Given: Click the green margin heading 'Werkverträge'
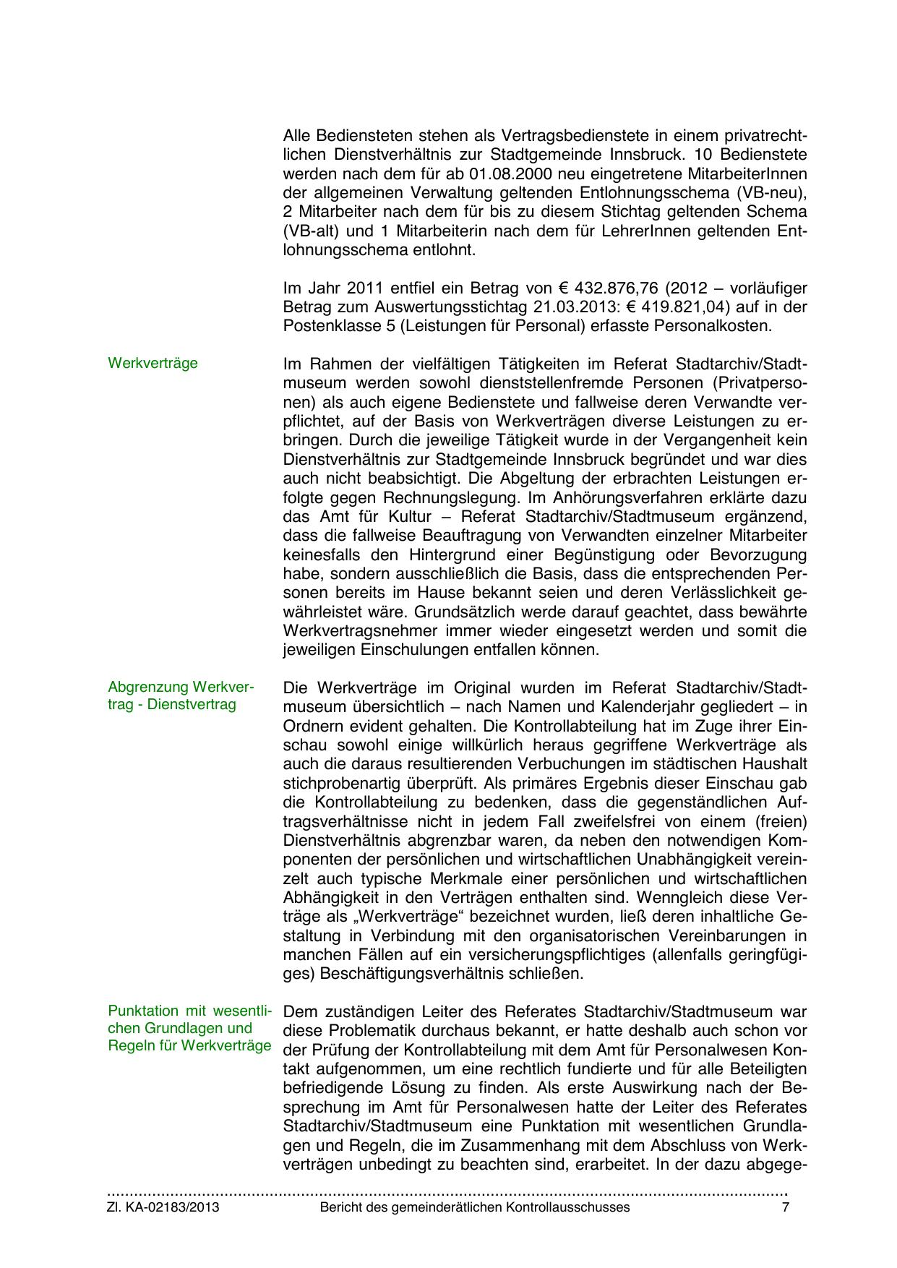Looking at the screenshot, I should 153,363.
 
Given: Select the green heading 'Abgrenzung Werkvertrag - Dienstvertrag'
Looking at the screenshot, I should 181,695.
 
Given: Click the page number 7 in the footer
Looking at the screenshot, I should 786,1207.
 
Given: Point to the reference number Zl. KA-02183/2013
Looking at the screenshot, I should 163,1207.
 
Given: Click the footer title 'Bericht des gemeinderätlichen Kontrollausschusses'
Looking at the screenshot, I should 474,1207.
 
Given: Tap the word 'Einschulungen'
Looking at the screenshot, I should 398,650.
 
